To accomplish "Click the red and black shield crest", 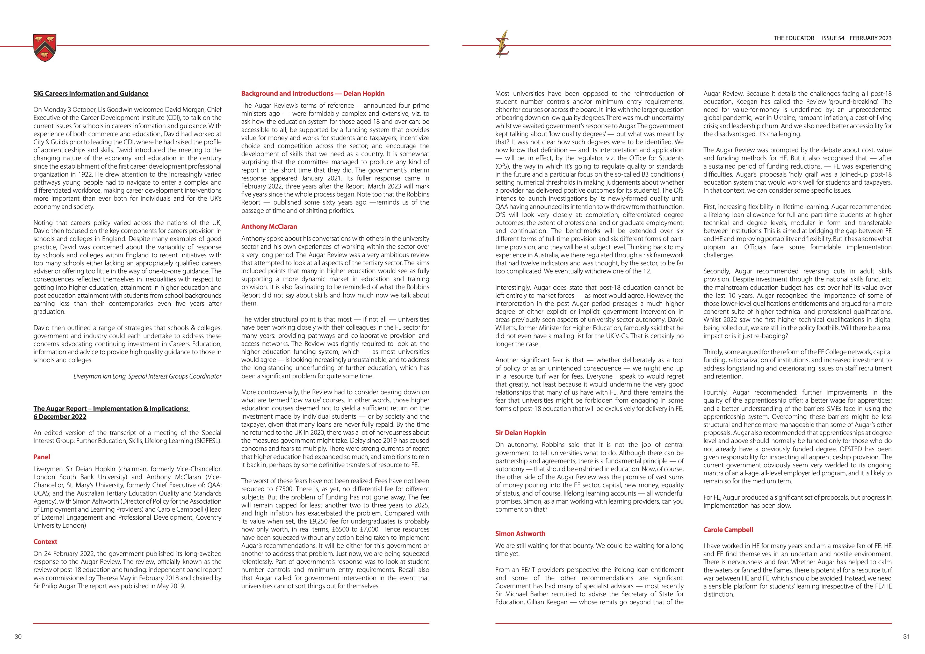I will pyautogui.click(x=45, y=48).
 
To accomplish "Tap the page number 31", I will pyautogui.click(x=906, y=637).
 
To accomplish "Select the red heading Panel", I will pyautogui.click(x=42, y=457).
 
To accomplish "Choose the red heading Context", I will pyautogui.click(x=45, y=542).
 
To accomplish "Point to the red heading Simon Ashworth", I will pyautogui.click(x=520, y=534).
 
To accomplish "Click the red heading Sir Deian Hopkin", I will pyautogui.click(x=521, y=433).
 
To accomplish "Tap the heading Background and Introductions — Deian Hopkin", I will pyautogui.click(x=313, y=93).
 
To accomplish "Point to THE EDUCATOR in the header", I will pyautogui.click(x=794, y=38).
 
